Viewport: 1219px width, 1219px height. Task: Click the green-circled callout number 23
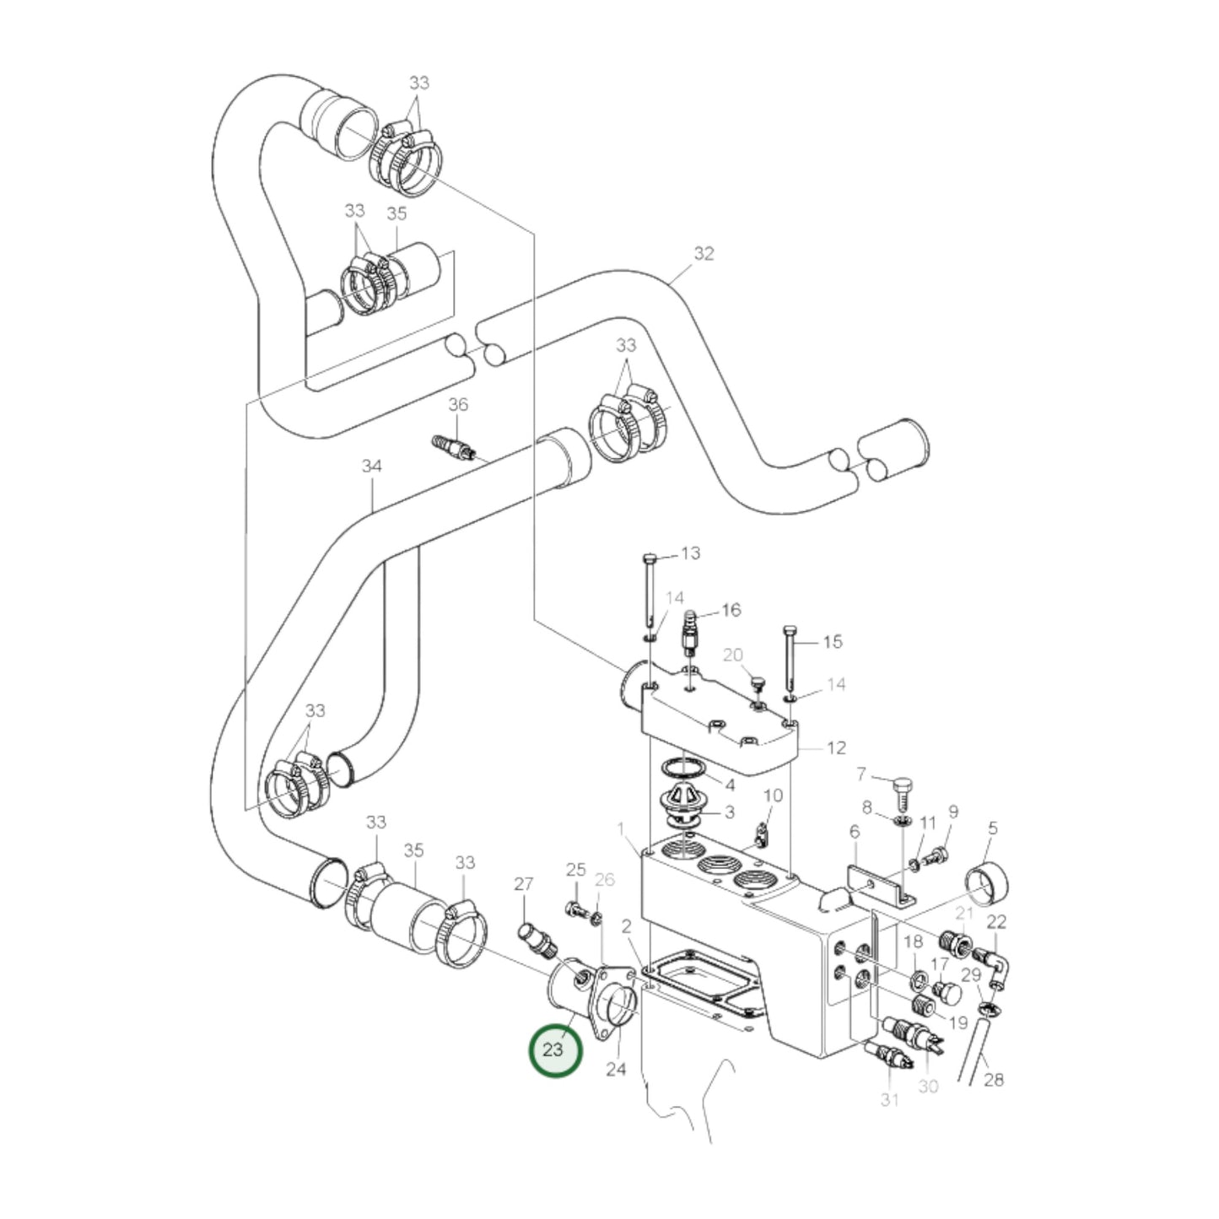[x=553, y=1050]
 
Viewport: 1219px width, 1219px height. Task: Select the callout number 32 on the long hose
[x=704, y=253]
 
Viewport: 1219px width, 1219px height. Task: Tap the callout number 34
[x=372, y=466]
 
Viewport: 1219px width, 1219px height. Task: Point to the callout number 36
[x=457, y=406]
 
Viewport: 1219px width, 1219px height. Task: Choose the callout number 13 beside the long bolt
[x=690, y=553]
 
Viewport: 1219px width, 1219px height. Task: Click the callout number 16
[x=731, y=609]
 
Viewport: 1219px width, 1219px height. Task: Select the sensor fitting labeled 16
[x=689, y=633]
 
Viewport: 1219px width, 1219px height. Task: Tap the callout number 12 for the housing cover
[x=835, y=747]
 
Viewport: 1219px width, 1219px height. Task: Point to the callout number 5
[x=992, y=828]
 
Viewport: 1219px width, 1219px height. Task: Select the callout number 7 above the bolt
[x=861, y=774]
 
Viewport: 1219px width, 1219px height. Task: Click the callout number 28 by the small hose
[x=994, y=1079]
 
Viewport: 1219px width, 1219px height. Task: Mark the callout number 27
[x=524, y=883]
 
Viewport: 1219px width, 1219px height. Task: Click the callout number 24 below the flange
[x=617, y=1069]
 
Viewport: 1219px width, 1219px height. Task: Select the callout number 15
[x=832, y=642]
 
